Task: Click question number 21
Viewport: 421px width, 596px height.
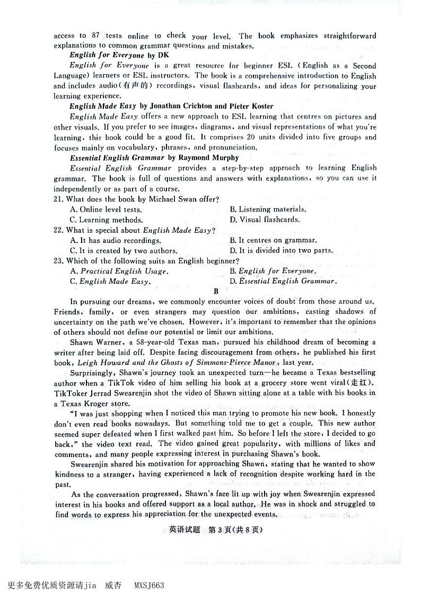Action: pyautogui.click(x=59, y=199)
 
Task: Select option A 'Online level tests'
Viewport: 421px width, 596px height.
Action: pyautogui.click(x=106, y=209)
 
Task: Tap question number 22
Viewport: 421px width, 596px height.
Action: pyautogui.click(x=59, y=230)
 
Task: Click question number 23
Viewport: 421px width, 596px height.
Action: pyautogui.click(x=59, y=261)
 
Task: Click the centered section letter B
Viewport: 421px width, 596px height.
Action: pyautogui.click(x=216, y=291)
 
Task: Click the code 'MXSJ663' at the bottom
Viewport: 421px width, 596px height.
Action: pyautogui.click(x=150, y=585)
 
